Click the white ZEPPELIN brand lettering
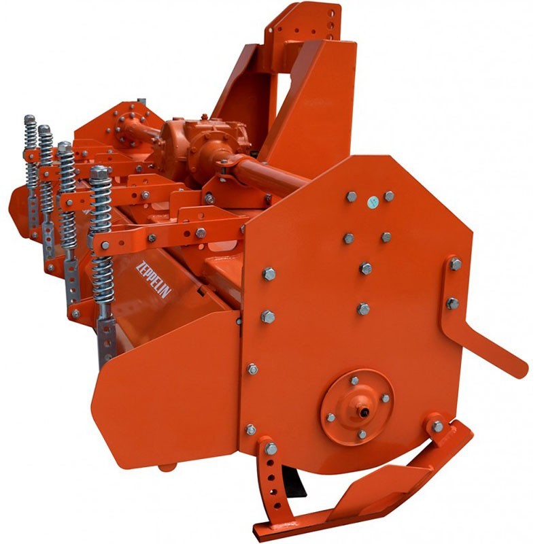(x=154, y=279)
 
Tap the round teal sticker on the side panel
(x=373, y=201)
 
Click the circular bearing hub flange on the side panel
(x=358, y=407)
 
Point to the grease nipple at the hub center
(x=364, y=412)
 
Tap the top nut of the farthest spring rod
(x=29, y=118)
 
